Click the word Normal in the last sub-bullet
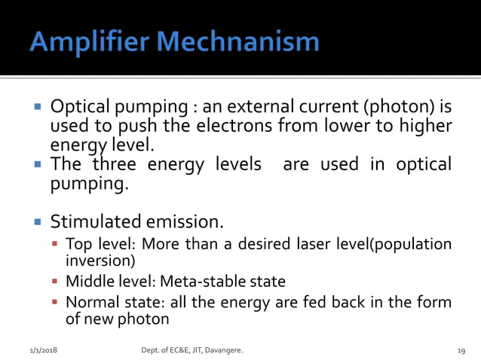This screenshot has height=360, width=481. (x=88, y=303)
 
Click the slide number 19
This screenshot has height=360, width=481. (x=461, y=351)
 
